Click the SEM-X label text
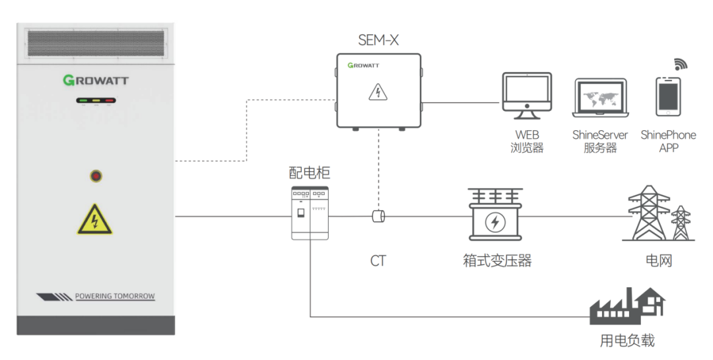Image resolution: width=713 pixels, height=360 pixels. click(378, 40)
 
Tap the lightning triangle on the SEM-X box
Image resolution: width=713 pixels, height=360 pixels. click(378, 92)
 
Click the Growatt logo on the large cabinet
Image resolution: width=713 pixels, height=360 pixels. click(96, 81)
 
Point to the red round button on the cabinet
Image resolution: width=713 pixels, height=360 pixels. click(96, 176)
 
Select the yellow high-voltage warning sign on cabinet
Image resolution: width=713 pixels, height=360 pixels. click(95, 219)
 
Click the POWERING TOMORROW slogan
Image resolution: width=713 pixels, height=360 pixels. click(106, 296)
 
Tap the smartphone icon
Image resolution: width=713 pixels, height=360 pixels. click(667, 97)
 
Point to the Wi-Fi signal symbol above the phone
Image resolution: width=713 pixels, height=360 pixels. click(680, 64)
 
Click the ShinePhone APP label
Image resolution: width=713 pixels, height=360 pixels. click(668, 141)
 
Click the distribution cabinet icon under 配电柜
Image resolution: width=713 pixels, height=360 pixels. click(310, 212)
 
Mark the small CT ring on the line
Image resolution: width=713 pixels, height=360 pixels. click(378, 217)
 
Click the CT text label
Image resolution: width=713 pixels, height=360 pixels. click(378, 261)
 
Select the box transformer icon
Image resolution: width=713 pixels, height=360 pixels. click(495, 215)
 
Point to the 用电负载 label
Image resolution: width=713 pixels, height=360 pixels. click(627, 341)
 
